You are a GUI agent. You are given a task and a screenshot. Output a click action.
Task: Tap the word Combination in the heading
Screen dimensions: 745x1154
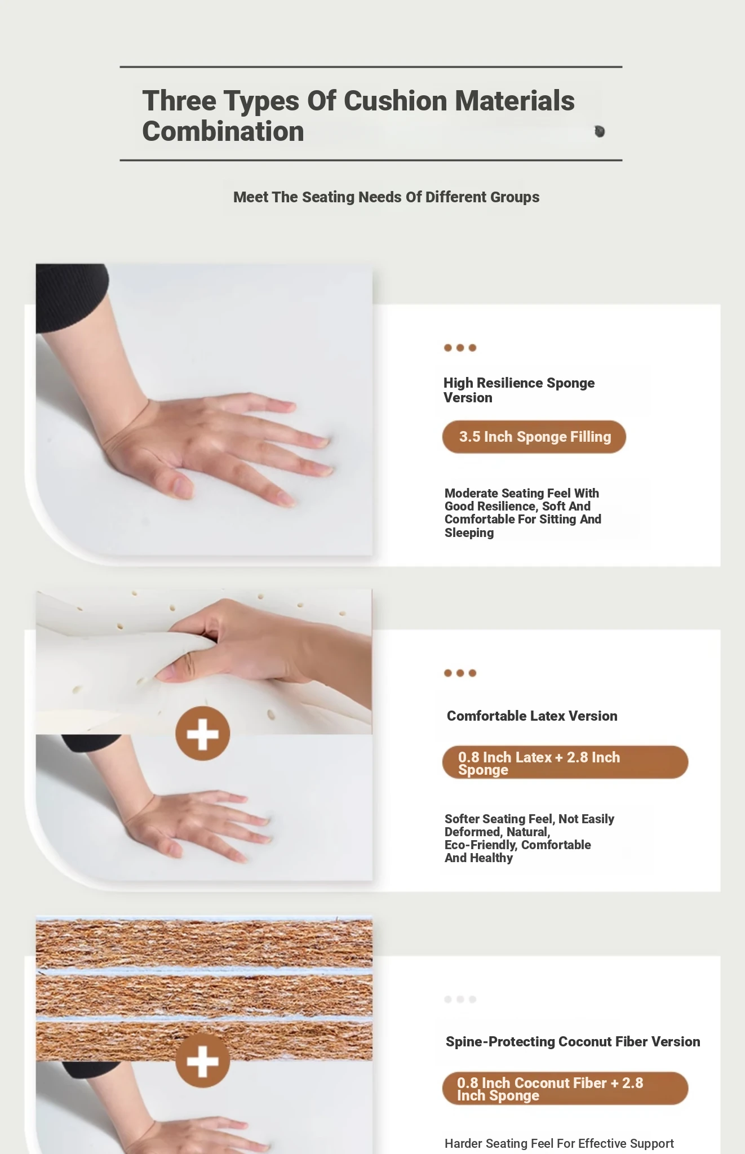[223, 131]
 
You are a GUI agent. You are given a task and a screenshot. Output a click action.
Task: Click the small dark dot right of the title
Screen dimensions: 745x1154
[600, 131]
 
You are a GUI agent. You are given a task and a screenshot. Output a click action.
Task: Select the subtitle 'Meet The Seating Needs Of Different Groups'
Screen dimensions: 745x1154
[386, 197]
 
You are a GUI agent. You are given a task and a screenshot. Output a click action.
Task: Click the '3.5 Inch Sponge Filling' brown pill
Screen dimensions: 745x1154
[534, 437]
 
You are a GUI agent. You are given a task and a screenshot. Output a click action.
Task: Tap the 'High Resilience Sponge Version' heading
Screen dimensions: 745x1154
[518, 390]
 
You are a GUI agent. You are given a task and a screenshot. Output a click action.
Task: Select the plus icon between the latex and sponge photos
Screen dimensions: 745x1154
[203, 734]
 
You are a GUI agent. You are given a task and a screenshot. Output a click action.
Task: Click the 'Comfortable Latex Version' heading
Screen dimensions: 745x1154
[532, 716]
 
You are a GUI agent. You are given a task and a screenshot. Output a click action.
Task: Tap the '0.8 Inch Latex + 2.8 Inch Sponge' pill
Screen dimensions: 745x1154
[565, 762]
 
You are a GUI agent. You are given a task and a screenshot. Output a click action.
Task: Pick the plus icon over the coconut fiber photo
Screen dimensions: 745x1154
[203, 1060]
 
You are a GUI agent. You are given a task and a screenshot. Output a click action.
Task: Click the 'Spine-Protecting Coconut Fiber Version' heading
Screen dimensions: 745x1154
[573, 1042]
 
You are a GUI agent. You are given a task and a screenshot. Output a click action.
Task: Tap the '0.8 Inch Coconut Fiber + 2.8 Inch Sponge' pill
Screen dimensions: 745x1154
[565, 1088]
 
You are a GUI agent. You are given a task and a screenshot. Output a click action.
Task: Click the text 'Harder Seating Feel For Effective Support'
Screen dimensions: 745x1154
[559, 1143]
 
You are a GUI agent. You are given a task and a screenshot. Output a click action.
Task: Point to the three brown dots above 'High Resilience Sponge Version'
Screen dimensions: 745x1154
[460, 348]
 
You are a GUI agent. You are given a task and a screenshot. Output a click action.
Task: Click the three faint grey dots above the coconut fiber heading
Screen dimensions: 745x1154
[460, 999]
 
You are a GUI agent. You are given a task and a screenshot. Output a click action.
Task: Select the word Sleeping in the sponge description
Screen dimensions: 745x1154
[469, 533]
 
